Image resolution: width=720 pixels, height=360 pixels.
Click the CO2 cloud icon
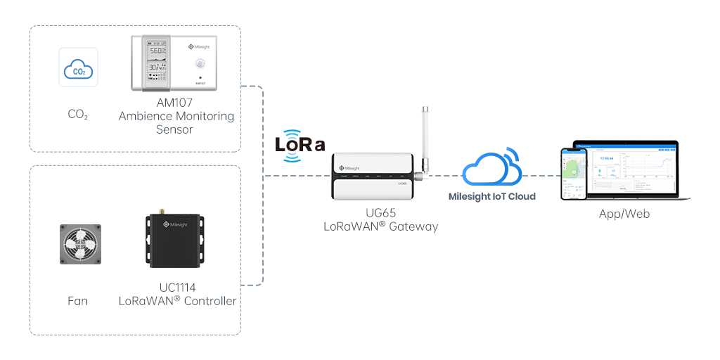click(78, 67)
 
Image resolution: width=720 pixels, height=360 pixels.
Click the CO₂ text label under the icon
click(77, 114)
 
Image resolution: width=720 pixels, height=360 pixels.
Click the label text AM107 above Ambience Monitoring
click(176, 103)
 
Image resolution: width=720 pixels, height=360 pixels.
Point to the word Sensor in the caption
click(175, 129)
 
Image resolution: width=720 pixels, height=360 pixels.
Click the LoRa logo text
click(300, 145)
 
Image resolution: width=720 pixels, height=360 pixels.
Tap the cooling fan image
click(79, 244)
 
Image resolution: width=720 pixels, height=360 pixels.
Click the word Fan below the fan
click(77, 301)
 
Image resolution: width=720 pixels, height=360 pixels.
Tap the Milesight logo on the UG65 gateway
click(351, 169)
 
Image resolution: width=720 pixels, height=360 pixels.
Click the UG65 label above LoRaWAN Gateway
click(380, 212)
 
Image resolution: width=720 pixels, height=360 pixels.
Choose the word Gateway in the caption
click(415, 226)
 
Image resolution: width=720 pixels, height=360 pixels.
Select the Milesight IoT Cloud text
click(491, 197)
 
